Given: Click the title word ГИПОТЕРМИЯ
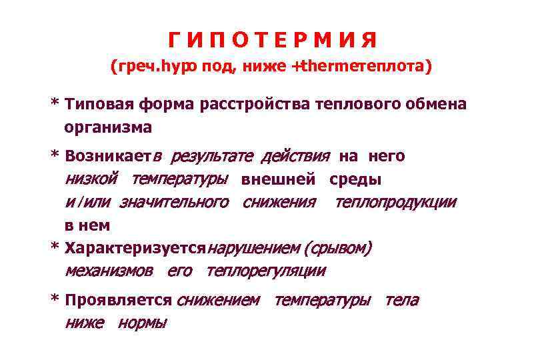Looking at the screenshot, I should [273, 40].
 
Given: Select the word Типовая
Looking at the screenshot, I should [99, 105].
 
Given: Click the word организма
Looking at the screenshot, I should [108, 127].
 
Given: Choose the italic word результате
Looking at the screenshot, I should [211, 157].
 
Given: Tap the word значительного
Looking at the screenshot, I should [173, 202].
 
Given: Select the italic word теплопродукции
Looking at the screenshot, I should [395, 202].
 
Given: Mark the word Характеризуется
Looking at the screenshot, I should [136, 249].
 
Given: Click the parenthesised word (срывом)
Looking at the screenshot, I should [337, 249].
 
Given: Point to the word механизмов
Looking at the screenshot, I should [108, 271].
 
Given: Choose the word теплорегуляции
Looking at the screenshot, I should [266, 271].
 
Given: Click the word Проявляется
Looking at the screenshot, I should [119, 301].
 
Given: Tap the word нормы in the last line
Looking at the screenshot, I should [143, 323].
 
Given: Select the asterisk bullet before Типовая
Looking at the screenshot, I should [55, 104].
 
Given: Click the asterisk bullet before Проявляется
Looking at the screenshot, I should [55, 300].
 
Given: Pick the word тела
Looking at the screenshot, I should [402, 301].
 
